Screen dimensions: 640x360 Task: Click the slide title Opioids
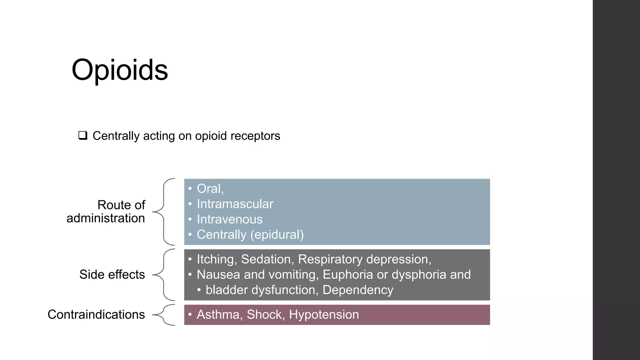(x=120, y=70)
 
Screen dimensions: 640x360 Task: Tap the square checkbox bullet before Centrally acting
(x=83, y=136)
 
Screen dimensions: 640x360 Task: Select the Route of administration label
(x=106, y=212)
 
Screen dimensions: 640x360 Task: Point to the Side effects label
(x=112, y=274)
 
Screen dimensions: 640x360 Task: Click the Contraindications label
(x=96, y=314)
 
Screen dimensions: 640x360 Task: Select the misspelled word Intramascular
(x=235, y=204)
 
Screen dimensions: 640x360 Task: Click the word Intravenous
(x=230, y=219)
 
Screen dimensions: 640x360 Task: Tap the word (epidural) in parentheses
(x=277, y=235)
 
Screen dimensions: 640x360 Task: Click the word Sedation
(x=267, y=259)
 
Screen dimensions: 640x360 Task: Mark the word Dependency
(x=358, y=290)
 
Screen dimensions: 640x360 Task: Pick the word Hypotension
(x=324, y=315)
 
